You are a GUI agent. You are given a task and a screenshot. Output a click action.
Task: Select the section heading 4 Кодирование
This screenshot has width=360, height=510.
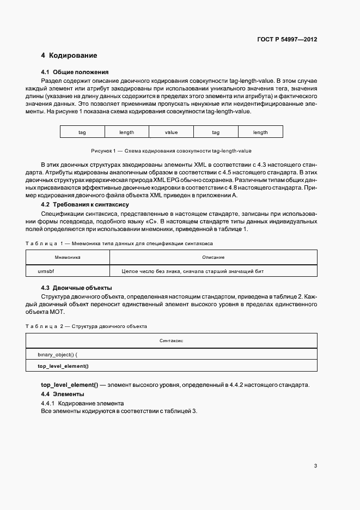click(69, 56)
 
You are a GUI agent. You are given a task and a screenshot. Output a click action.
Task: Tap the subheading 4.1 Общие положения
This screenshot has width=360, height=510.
click(75, 72)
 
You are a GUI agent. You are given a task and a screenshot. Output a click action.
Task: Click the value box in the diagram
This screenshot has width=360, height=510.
click(171, 132)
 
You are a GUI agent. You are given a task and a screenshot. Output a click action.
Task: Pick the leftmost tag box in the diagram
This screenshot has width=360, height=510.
click(82, 132)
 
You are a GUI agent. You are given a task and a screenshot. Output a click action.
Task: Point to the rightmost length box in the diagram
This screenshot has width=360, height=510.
click(260, 132)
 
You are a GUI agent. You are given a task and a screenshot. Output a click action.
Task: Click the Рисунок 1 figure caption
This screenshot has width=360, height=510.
click(170, 150)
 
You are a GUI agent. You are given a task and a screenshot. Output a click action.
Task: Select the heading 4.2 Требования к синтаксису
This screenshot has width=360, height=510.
click(85, 204)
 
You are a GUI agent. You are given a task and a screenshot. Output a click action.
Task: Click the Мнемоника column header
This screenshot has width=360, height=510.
click(68, 257)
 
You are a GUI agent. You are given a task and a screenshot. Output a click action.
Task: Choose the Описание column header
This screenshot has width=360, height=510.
click(213, 257)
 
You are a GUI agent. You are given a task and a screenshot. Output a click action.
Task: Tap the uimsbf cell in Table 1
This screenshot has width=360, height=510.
click(47, 271)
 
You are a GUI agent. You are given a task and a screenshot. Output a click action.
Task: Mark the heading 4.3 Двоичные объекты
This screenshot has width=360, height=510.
click(77, 287)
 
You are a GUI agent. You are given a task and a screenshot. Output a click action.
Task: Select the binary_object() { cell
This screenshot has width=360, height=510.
click(62, 354)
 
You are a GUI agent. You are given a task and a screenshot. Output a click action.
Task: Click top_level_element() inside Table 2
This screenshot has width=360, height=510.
click(63, 366)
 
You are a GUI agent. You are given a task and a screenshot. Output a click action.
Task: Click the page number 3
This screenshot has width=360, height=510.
click(315, 465)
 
